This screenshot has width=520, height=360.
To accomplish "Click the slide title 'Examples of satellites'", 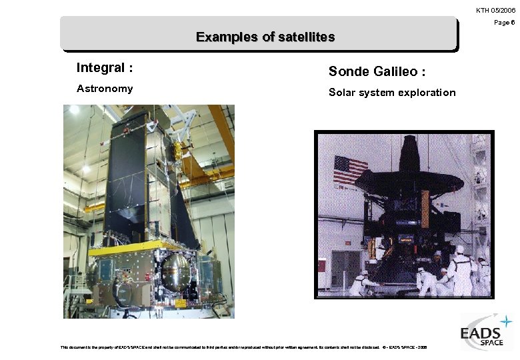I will [x=265, y=37].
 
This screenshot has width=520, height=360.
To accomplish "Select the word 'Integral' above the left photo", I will [x=101, y=67].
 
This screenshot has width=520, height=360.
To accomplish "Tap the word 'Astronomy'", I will [x=105, y=89].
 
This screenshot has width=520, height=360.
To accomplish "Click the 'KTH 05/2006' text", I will [x=495, y=10].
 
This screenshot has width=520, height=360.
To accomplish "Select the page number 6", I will [x=512, y=23].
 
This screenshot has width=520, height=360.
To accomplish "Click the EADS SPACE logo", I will [x=486, y=332].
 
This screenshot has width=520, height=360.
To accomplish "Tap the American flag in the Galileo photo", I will [x=350, y=170].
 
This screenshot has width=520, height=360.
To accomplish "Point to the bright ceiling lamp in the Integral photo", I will [x=74, y=110].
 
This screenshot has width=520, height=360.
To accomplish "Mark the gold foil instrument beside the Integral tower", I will [x=178, y=152].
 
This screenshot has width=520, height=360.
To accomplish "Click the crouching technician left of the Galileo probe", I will [x=365, y=283].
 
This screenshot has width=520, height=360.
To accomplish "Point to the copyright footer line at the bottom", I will [x=243, y=347].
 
